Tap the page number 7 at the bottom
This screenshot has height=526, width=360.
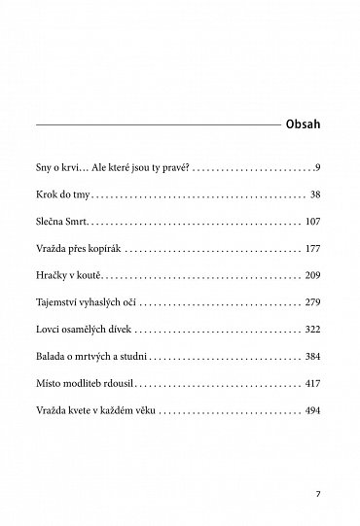[x=318, y=493]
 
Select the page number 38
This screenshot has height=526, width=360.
[x=313, y=194]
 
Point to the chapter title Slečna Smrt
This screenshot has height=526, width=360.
[x=64, y=222]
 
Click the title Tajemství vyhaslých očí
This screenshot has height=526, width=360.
[x=89, y=303]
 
